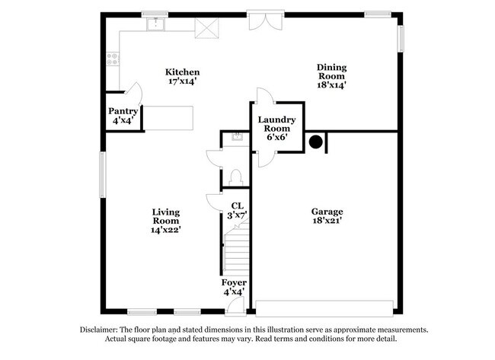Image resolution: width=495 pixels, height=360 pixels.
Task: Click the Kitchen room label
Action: [183, 72]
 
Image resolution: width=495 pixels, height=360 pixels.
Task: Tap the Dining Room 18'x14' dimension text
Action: [331, 85]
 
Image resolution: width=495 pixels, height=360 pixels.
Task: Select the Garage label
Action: [327, 212]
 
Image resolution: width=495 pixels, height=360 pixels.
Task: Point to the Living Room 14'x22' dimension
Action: [166, 230]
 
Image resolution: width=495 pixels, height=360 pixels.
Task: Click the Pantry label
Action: [123, 111]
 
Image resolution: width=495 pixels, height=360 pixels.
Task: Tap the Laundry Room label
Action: [277, 124]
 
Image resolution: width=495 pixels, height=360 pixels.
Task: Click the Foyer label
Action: [234, 282]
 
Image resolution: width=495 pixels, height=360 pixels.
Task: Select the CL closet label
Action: [238, 206]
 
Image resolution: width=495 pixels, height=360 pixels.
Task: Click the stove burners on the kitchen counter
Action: [113, 59]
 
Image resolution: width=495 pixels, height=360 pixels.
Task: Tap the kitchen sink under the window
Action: [155, 24]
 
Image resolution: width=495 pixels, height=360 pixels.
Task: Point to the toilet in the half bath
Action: [235, 177]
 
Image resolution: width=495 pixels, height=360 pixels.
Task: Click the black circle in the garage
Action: [316, 142]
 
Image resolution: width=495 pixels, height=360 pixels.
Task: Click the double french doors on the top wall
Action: [265, 21]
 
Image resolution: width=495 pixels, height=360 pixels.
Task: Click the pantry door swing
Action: [134, 94]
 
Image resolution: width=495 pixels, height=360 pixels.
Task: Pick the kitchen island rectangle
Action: [168, 118]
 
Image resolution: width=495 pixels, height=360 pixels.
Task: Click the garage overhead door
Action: [324, 308]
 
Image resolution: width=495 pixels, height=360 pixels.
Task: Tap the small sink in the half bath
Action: [236, 137]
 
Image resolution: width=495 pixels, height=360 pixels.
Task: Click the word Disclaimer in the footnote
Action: [99, 330]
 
